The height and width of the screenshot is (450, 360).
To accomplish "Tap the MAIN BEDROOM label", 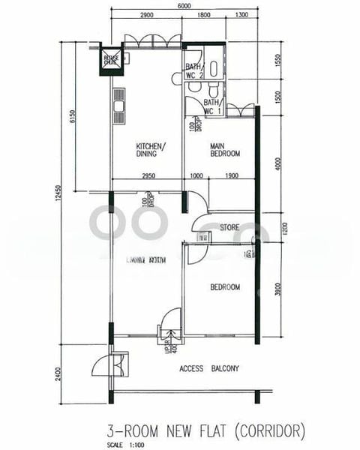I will pos(224,150).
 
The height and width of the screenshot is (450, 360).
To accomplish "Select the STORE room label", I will pos(229,226).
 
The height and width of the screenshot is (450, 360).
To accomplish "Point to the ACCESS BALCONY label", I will pos(209,368).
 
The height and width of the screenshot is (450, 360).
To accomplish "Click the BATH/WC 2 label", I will pos(194,71).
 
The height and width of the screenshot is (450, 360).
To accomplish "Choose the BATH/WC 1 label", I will pos(211,106).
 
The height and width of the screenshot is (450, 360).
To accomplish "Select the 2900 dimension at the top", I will pos(146,16).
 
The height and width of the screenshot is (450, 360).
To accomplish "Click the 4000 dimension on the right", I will pos(277,163).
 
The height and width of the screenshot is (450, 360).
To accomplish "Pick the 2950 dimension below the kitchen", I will pos(147,176).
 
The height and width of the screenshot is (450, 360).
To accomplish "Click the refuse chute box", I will pos(110,61).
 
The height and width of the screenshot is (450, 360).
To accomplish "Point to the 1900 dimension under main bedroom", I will pos(231,176).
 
